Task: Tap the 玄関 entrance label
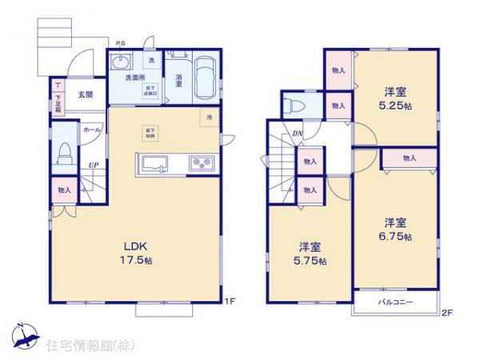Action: click(85, 94)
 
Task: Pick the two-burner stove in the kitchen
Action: click(199, 165)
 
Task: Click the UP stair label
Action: click(93, 166)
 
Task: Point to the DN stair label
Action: click(296, 134)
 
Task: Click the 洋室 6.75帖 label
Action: click(395, 229)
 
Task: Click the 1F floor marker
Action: click(229, 302)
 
